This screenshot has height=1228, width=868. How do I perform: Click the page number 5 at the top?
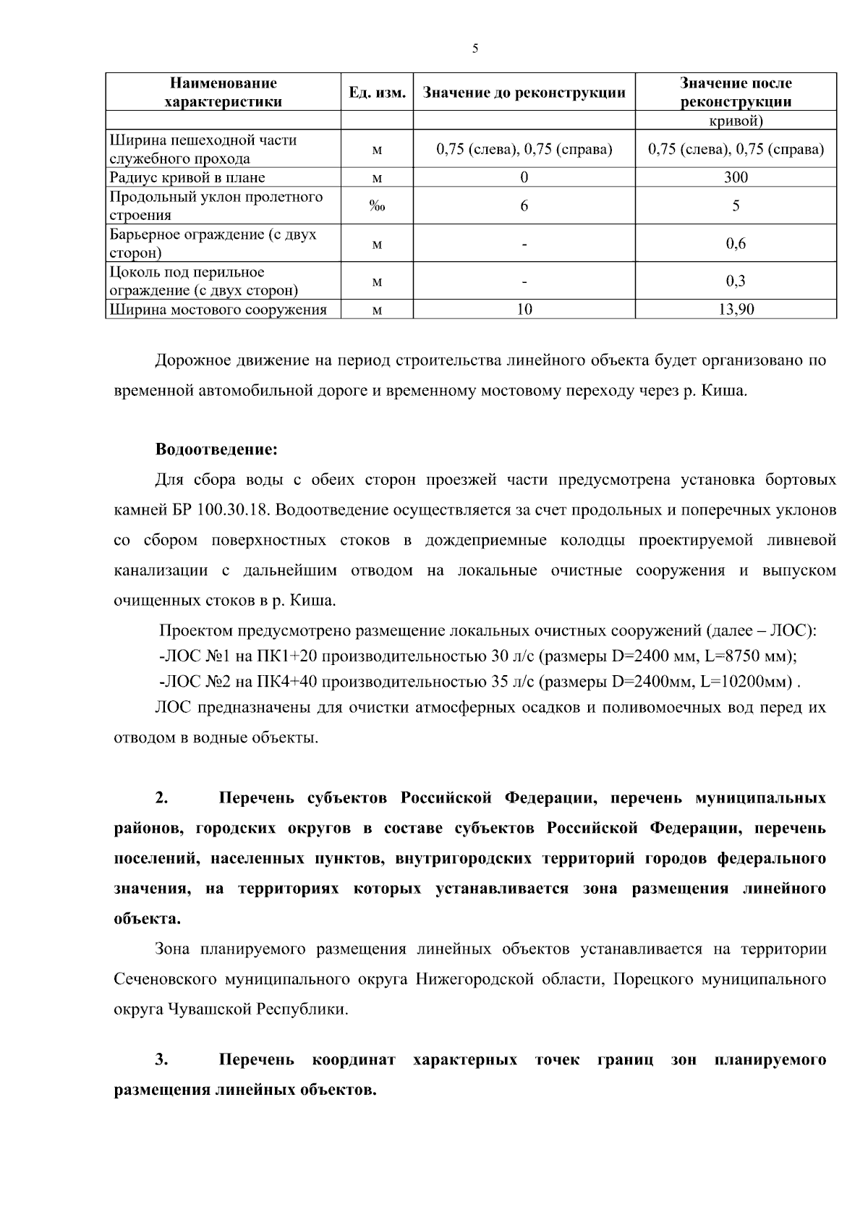[x=475, y=49]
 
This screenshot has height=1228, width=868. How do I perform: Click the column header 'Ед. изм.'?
[x=377, y=93]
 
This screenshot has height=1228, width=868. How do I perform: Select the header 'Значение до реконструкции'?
[x=524, y=93]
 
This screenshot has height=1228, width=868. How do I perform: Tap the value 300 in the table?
[x=736, y=177]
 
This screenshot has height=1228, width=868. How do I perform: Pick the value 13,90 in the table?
[x=736, y=310]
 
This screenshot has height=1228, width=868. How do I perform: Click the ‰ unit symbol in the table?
[x=377, y=206]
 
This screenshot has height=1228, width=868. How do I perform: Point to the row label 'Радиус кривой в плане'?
[x=187, y=177]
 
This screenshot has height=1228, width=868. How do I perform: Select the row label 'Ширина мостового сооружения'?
[x=218, y=310]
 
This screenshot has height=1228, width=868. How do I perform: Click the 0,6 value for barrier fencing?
[x=736, y=244]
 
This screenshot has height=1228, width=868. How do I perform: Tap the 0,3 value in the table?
[x=736, y=281]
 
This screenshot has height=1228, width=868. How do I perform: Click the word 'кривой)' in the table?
[x=736, y=121]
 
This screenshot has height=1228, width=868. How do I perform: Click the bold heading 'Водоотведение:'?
[x=216, y=449]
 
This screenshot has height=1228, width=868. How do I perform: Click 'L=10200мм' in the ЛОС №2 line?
[x=748, y=682]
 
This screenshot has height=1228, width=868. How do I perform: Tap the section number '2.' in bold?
[x=161, y=798]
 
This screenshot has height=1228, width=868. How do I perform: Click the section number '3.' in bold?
[x=161, y=1060]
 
